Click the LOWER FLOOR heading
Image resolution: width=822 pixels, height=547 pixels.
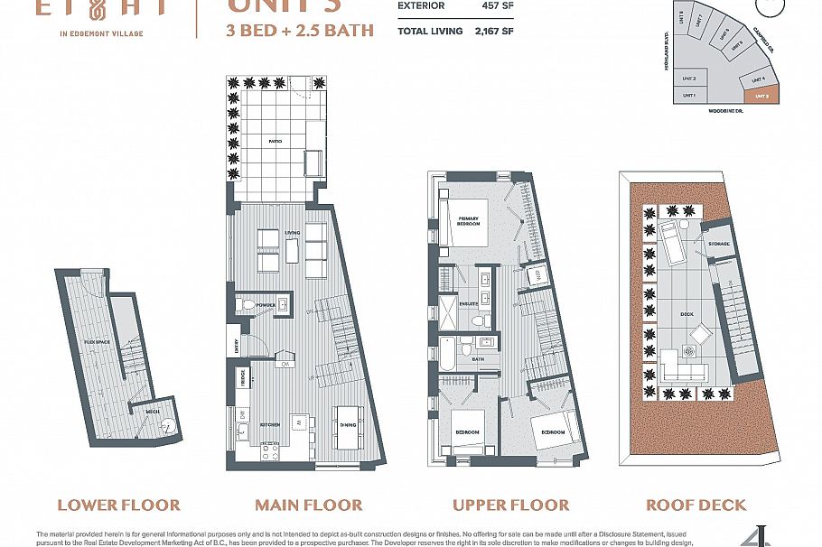[x=118, y=505]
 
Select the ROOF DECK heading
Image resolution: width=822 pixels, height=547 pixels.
[x=696, y=505]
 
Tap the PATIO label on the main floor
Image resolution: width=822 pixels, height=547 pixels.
[x=275, y=141]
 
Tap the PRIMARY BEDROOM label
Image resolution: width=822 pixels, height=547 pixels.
[x=468, y=221]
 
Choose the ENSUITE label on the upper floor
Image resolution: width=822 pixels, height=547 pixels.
[x=468, y=304]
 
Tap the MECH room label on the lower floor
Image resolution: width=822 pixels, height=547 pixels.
[x=153, y=411]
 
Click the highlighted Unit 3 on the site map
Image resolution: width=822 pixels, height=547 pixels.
[x=761, y=94]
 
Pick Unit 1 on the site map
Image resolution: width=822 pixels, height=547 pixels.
[x=689, y=94]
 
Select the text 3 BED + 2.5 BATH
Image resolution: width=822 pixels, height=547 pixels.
[x=299, y=30]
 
